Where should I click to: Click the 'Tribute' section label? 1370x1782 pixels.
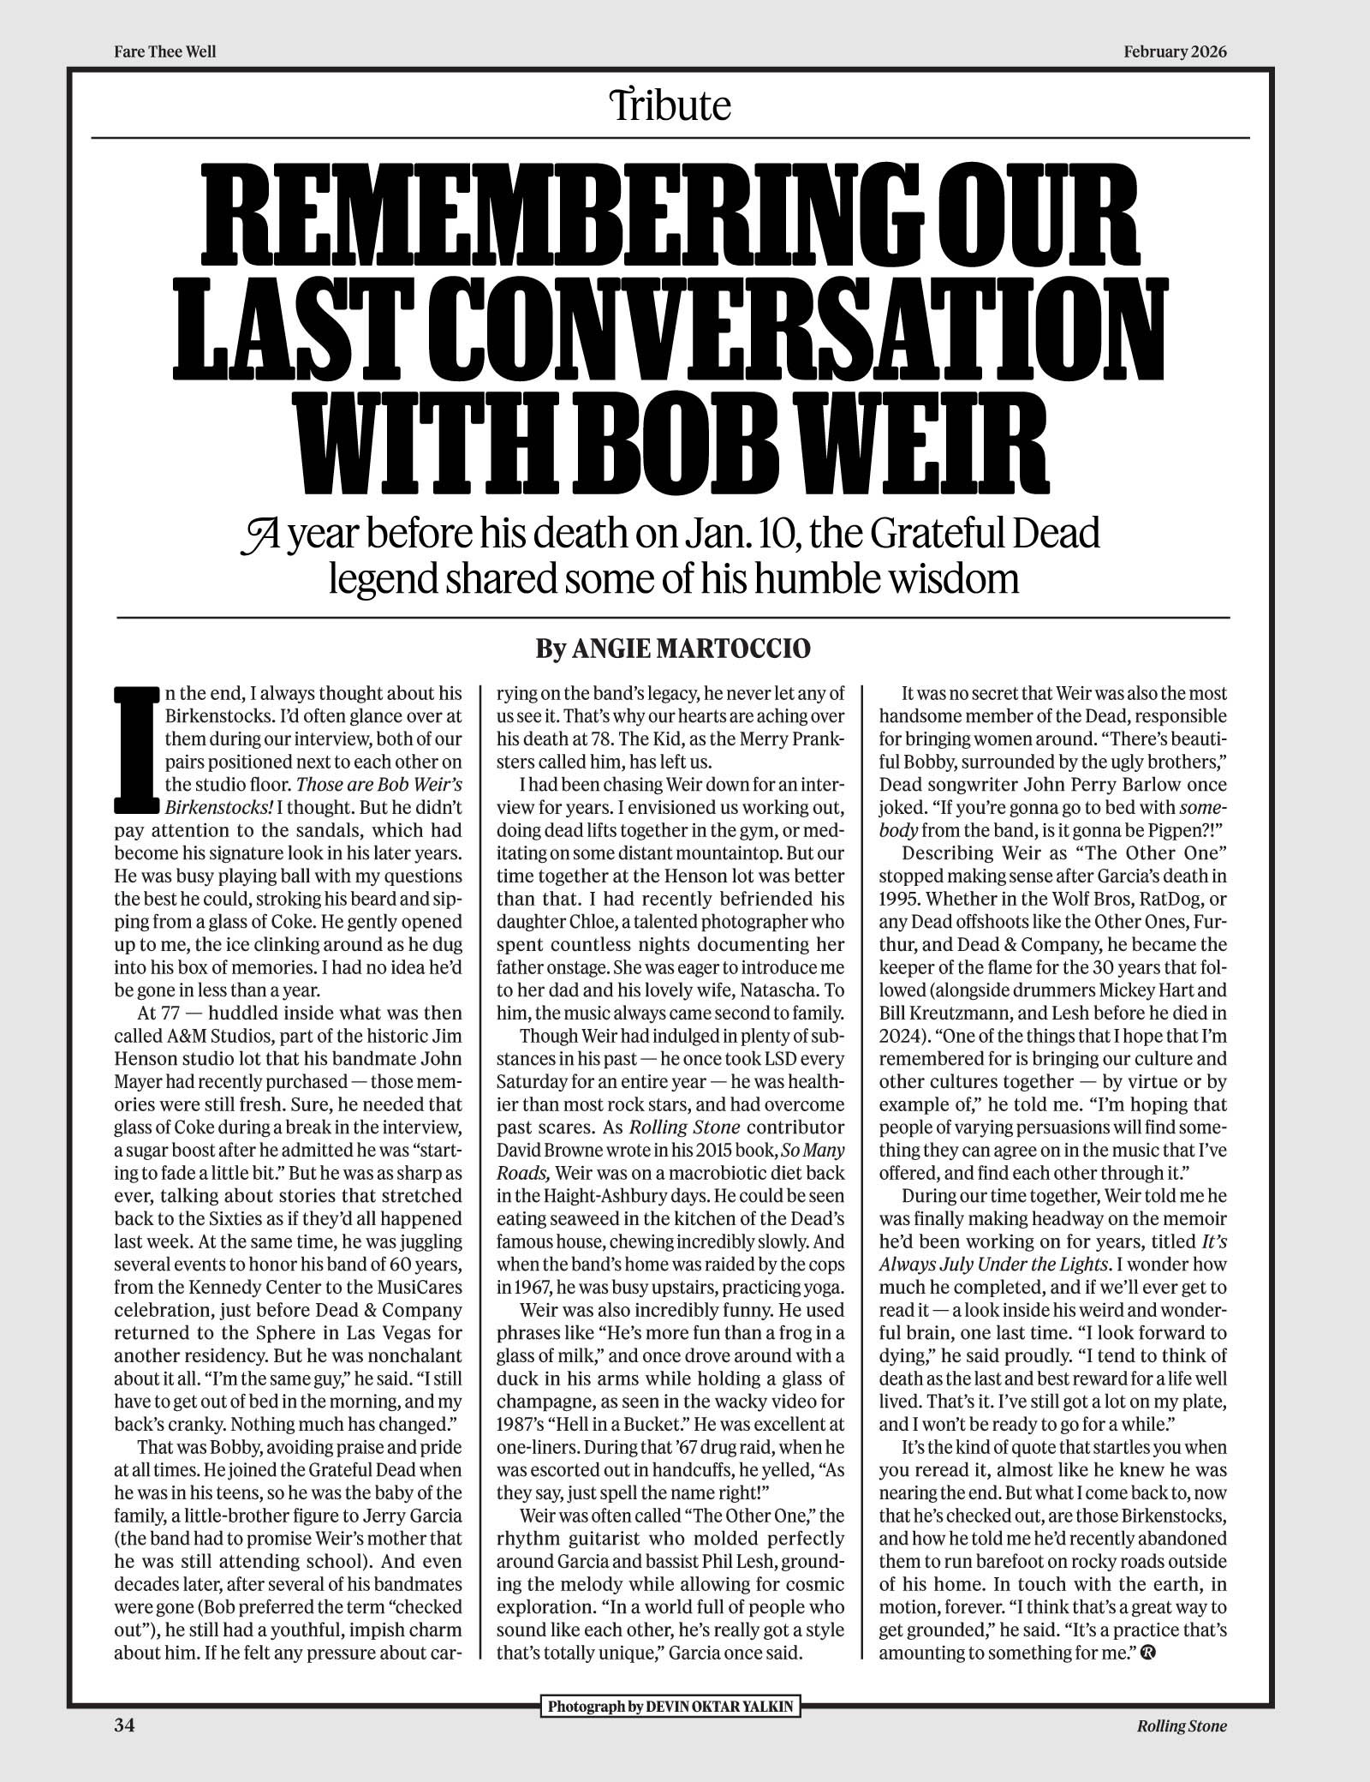pyautogui.click(x=670, y=106)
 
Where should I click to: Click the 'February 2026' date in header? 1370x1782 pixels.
pyautogui.click(x=1175, y=51)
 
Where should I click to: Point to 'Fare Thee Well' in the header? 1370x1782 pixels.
pyautogui.click(x=164, y=51)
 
